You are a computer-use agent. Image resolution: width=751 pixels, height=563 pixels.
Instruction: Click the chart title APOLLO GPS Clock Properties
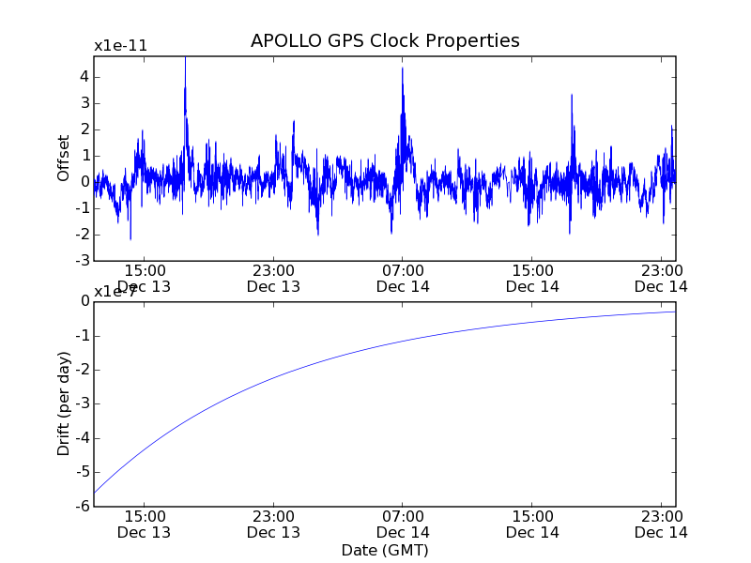(x=385, y=41)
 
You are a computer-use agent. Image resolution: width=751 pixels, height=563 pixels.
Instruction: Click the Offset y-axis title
(x=64, y=158)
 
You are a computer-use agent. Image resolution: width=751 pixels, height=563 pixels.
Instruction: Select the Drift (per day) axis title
(x=64, y=403)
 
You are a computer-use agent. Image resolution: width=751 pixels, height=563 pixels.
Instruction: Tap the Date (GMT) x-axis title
(x=385, y=550)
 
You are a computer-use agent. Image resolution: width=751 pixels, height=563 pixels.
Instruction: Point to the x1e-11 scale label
(x=120, y=46)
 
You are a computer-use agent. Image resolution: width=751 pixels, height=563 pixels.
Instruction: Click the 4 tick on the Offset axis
(x=84, y=77)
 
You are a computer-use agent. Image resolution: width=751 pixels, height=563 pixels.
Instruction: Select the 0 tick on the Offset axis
(x=84, y=182)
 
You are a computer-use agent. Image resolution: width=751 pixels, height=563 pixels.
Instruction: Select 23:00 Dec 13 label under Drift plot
(x=273, y=524)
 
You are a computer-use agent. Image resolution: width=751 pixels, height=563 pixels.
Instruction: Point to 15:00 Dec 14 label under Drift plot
(x=532, y=524)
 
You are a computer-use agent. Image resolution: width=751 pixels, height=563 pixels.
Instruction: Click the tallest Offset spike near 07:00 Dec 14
(x=402, y=68)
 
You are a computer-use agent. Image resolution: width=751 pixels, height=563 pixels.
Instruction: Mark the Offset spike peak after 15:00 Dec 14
(x=571, y=95)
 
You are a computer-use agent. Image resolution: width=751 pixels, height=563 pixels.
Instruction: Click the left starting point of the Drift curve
(x=95, y=494)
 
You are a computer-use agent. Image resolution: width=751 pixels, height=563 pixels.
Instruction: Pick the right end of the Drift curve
(x=675, y=312)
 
